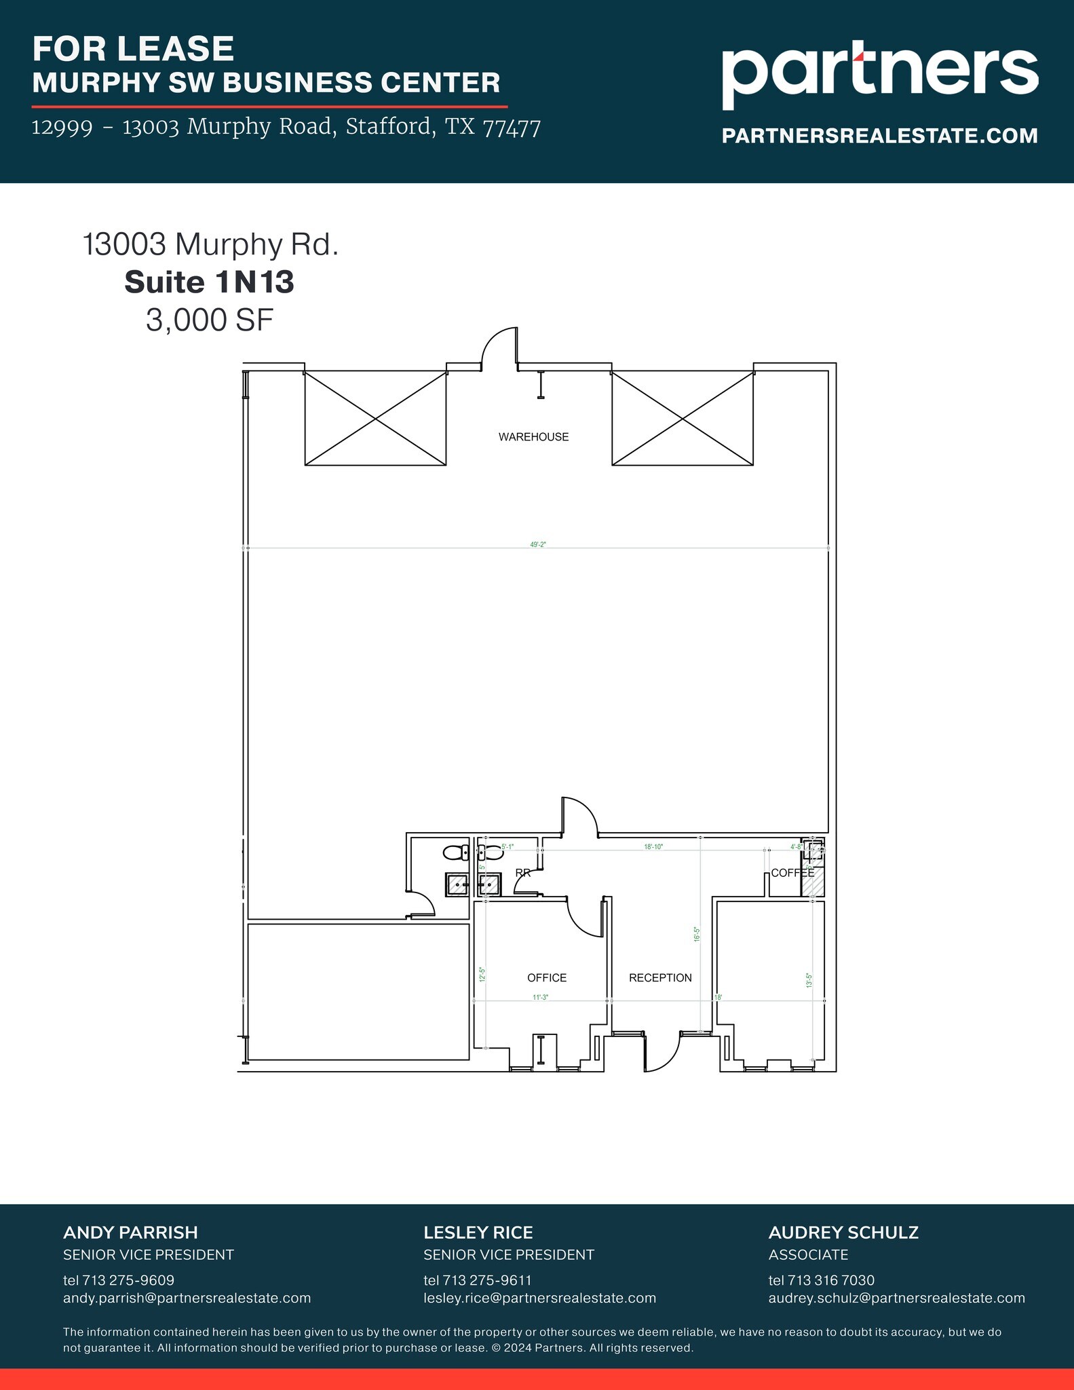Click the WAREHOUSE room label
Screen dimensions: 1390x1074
coord(533,437)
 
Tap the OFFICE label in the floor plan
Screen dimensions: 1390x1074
coord(546,977)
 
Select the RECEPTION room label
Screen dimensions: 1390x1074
coord(659,977)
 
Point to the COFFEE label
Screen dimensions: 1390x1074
coord(792,873)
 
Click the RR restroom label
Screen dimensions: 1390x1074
coord(522,873)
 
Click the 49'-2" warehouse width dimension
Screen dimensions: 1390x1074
coord(538,544)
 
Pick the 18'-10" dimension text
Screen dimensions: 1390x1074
coord(653,847)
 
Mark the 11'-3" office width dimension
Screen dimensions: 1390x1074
coord(540,997)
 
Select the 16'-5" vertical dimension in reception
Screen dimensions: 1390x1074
coord(696,934)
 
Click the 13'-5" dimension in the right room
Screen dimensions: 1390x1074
coord(809,980)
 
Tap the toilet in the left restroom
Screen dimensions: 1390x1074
coord(455,852)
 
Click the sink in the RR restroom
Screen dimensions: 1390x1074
coord(489,884)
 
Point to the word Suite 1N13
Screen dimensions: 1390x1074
coord(209,282)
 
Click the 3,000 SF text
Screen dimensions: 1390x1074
coord(209,320)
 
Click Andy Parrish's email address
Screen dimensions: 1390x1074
coord(187,1298)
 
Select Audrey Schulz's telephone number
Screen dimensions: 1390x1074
coord(821,1280)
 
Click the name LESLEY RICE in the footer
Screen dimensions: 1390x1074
coord(478,1233)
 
